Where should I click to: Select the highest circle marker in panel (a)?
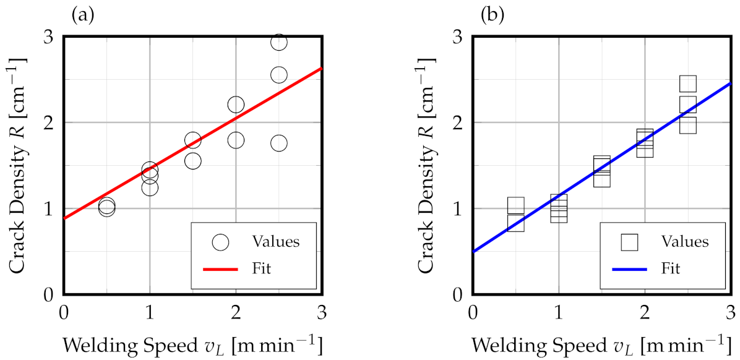coord(278,42)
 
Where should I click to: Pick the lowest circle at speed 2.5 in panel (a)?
coord(278,143)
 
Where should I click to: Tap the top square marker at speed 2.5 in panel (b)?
coord(688,84)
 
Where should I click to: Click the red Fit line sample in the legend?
coord(220,269)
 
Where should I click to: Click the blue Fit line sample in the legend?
coord(629,269)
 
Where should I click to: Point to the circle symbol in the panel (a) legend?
coord(220,242)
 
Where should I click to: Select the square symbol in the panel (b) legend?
coord(629,242)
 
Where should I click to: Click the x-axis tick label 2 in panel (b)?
coord(645,311)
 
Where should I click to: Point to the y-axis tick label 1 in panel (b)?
coord(458,208)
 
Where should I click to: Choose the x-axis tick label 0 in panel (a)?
coord(63,311)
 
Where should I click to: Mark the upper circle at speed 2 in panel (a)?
coord(236,105)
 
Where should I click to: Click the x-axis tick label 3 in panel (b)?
coord(731,311)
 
